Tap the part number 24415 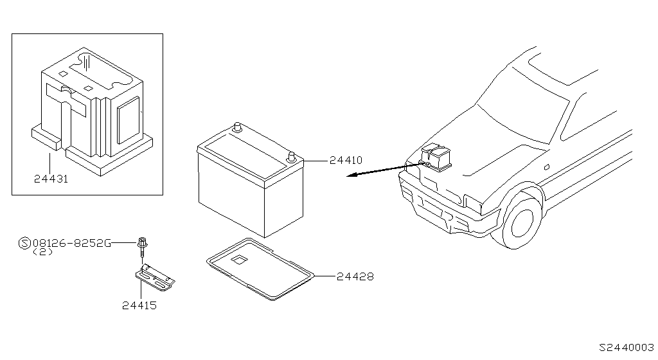139,305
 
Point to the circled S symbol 24,243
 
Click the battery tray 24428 260,269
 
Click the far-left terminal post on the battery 237,127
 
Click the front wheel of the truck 522,221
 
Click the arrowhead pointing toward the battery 348,179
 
